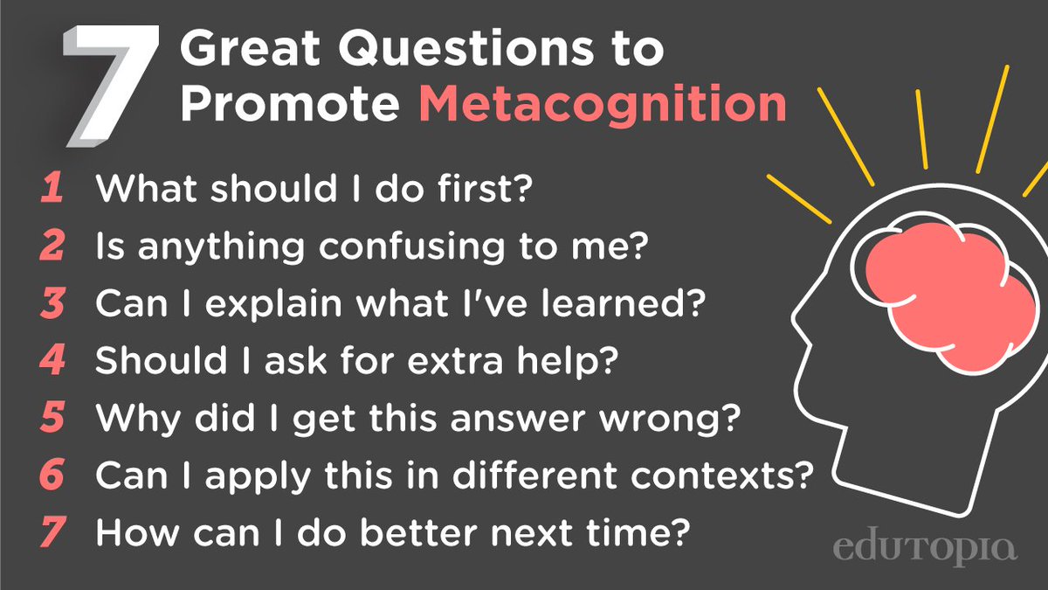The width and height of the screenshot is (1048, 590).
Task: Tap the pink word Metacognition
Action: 603,106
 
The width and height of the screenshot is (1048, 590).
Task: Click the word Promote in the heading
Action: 290,103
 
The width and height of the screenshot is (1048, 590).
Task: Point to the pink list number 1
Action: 52,187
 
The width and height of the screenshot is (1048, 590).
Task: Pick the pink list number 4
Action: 52,359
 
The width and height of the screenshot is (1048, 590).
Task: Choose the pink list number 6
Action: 52,475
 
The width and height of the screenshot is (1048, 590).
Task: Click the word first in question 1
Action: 486,187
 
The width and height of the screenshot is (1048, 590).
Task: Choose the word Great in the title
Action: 250,48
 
